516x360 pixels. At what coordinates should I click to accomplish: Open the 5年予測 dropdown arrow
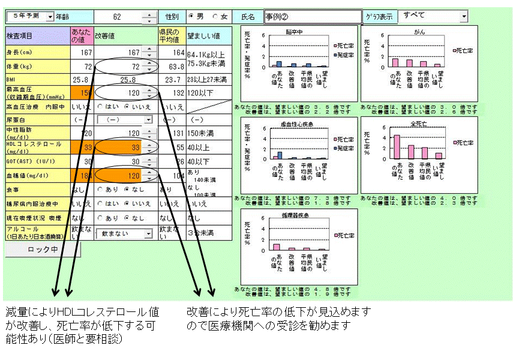click(x=49, y=17)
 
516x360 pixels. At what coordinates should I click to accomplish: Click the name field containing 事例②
click(x=313, y=17)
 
